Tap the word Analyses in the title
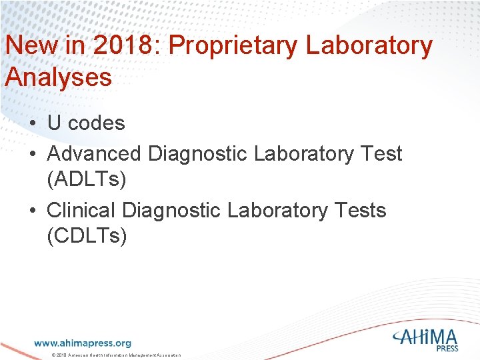58,77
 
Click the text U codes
86,123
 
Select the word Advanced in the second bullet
94,154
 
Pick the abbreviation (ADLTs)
87,179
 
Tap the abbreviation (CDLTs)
87,236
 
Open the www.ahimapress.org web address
83,343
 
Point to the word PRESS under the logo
448,348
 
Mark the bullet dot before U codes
32,124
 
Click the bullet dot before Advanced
32,155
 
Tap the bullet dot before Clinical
32,211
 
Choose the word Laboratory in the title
368,47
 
